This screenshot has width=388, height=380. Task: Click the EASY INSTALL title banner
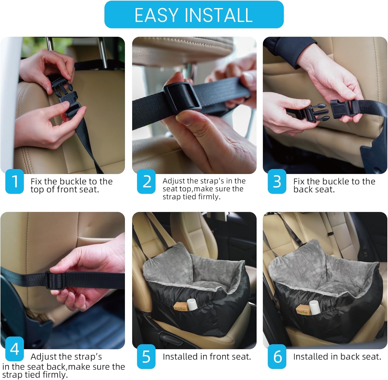pyautogui.click(x=194, y=14)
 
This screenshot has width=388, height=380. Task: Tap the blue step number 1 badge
pyautogui.click(x=14, y=181)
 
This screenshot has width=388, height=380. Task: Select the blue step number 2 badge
pyautogui.click(x=146, y=181)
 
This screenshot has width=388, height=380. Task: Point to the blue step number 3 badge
pyautogui.click(x=277, y=181)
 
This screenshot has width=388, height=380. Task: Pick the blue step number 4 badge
pyautogui.click(x=14, y=349)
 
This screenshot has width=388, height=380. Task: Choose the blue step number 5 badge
pyautogui.click(x=146, y=357)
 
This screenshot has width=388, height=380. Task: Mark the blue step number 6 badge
pyautogui.click(x=277, y=357)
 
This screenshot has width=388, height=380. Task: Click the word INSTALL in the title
pyautogui.click(x=219, y=15)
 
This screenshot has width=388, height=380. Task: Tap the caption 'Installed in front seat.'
pyautogui.click(x=207, y=357)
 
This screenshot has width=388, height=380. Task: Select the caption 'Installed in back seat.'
pyautogui.click(x=337, y=357)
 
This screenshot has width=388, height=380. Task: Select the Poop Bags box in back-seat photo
pyautogui.click(x=303, y=310)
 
